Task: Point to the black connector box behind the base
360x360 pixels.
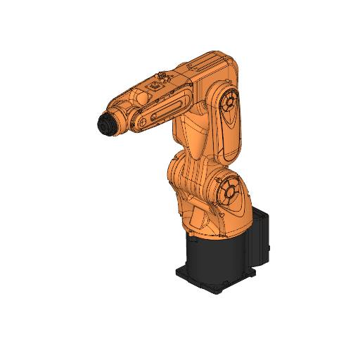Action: click(x=261, y=236)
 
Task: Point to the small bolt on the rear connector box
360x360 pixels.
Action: click(x=269, y=249)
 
